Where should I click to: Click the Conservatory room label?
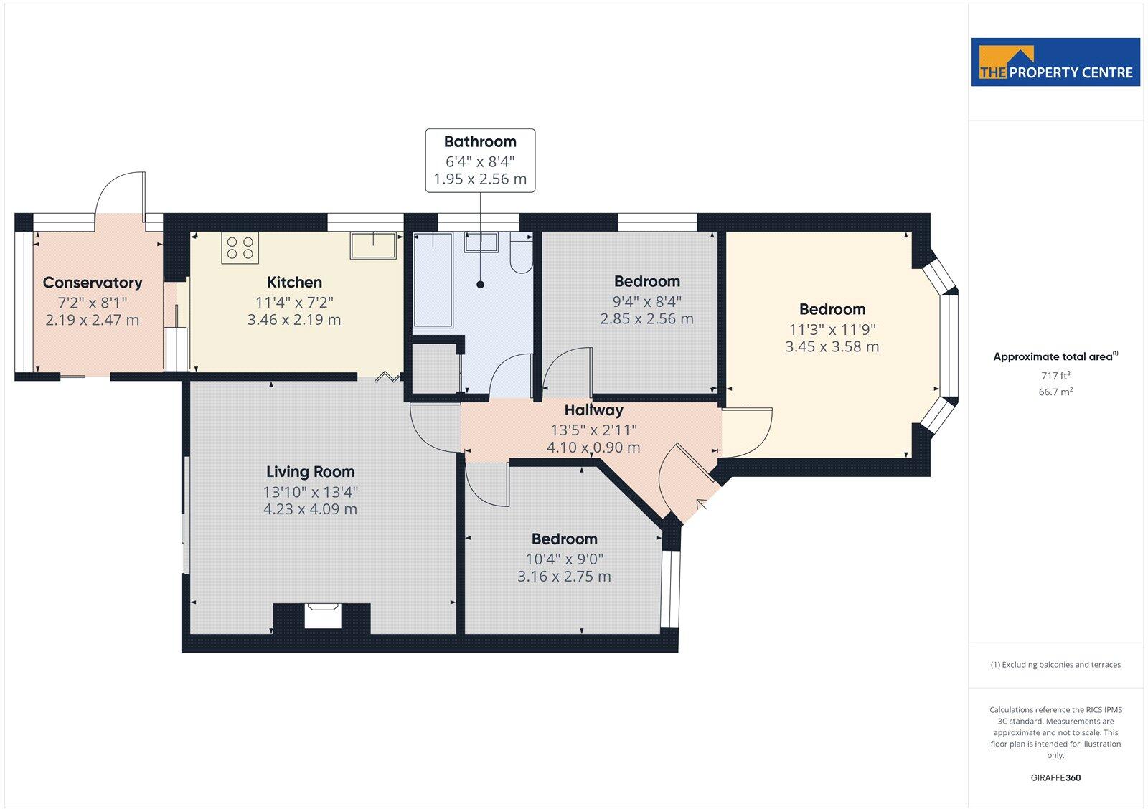point(93,283)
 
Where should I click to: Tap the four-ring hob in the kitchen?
point(240,248)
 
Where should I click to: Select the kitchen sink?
point(376,245)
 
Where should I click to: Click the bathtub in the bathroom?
point(433,280)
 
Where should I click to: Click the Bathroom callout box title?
point(480,141)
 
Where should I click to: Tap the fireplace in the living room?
point(323,617)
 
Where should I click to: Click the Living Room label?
point(310,472)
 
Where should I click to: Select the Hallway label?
point(593,410)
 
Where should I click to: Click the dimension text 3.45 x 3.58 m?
point(832,347)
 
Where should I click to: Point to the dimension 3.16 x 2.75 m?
point(564,577)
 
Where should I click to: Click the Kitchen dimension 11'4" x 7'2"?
point(294,302)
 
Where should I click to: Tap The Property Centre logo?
point(1055,62)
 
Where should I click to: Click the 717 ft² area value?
point(1055,375)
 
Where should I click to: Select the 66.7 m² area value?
point(1055,392)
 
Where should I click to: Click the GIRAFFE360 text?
point(1055,777)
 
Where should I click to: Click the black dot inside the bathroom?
point(480,285)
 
